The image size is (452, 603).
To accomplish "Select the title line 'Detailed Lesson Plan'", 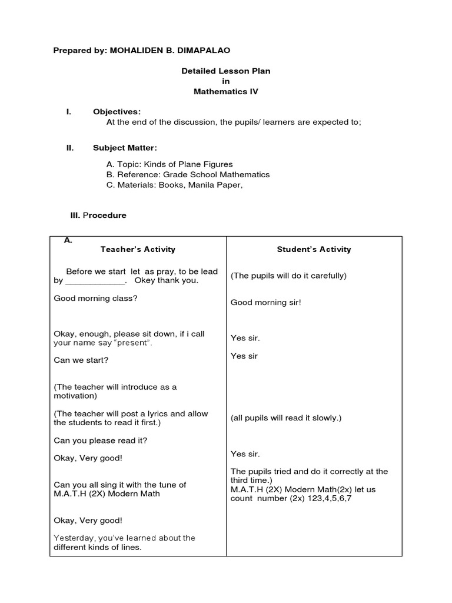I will [x=225, y=71].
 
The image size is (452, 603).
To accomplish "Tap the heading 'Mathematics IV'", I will [x=225, y=92].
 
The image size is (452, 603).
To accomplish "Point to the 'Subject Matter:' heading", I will [x=125, y=148].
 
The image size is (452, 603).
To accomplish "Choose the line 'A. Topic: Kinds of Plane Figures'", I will [x=169, y=164].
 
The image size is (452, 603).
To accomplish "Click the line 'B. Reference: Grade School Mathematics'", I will [x=188, y=175].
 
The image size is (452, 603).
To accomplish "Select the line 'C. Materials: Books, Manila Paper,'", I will [x=174, y=185].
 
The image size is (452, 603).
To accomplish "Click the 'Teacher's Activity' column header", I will [x=138, y=249].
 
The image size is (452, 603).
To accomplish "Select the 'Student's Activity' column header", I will [x=314, y=249].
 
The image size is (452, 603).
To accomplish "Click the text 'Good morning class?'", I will [x=95, y=298].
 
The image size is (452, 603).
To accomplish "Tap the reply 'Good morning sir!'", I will [x=265, y=303].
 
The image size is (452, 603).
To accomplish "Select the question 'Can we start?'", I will [x=81, y=360].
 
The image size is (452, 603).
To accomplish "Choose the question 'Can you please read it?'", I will [x=101, y=440].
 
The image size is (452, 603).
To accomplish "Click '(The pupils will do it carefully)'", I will [x=288, y=276].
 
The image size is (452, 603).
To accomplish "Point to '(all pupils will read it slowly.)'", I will [x=286, y=418].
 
